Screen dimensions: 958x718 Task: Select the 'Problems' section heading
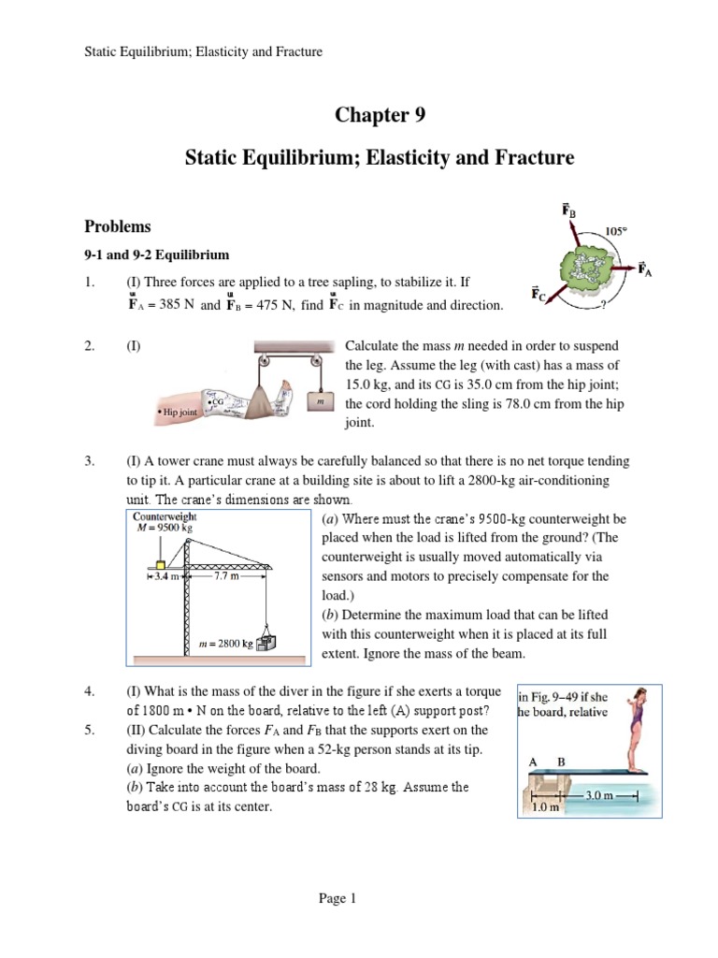pos(119,226)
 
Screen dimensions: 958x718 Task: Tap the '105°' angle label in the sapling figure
pos(616,230)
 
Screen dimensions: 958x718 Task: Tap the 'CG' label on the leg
pos(218,400)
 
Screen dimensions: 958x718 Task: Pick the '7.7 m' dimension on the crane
pos(227,577)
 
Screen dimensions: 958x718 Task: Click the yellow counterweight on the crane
pos(162,563)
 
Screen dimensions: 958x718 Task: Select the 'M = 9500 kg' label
pos(164,527)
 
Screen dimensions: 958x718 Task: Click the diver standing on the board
pos(636,730)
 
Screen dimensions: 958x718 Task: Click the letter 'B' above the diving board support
pos(561,762)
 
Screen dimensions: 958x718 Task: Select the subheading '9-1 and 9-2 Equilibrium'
pos(157,254)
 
